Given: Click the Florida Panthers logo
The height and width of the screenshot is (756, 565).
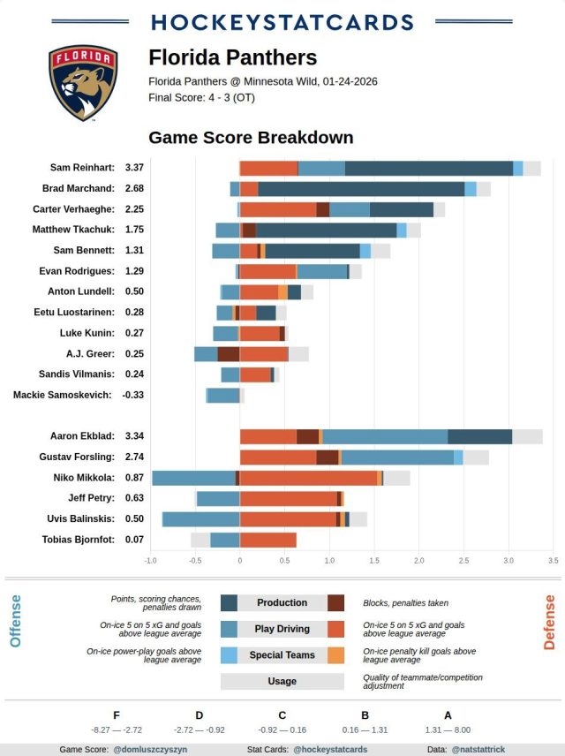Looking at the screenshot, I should coord(82,83).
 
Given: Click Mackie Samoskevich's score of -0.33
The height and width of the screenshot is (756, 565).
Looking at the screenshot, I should coord(132,395).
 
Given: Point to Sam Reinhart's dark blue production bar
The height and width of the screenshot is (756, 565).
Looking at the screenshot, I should coord(428,168).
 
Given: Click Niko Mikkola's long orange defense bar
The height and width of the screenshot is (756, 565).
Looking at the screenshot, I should coord(308,478).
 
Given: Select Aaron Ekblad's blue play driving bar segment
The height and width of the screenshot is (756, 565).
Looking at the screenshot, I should coord(385,436).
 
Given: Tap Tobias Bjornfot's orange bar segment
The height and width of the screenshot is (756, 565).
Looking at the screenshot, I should coord(267,540).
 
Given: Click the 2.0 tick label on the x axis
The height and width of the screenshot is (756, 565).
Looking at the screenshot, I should coord(418,561).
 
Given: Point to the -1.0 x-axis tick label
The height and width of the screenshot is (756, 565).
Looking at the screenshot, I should coord(150,561).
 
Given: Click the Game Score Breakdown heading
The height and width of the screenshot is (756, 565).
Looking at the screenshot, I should coord(251,138).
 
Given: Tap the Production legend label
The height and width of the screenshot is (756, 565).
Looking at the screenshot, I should coord(282,602).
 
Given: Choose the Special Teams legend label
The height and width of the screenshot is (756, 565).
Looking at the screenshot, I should coord(282,655).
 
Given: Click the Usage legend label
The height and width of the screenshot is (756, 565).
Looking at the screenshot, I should coord(282,682).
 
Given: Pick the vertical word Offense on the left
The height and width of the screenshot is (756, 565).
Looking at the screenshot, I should coord(15,621).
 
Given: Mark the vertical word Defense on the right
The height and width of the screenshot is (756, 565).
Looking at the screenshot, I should coord(549,622).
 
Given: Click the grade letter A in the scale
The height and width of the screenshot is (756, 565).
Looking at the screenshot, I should coord(448,715).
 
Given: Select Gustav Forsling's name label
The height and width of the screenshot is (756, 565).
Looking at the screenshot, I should coord(77,457).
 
